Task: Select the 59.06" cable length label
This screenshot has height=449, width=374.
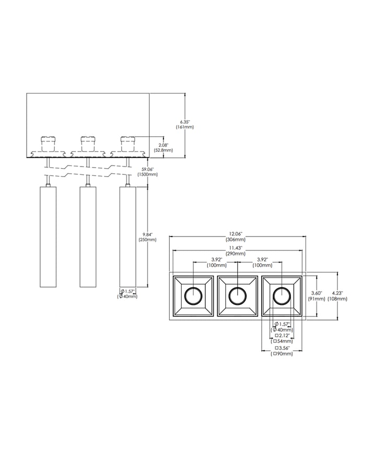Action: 147,169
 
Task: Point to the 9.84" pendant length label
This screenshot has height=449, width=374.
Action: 147,234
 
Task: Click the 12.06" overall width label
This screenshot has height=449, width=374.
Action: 236,234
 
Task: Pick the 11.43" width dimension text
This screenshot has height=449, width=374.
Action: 236,248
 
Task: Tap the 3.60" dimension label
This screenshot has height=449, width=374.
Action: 317,293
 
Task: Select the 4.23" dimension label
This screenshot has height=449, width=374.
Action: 337,293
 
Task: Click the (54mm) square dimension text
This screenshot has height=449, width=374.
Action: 282,341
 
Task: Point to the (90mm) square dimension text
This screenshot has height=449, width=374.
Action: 282,354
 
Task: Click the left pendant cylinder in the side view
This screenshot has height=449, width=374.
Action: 48,237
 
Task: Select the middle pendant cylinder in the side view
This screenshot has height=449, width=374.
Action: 88,237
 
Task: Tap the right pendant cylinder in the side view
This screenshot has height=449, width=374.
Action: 127,237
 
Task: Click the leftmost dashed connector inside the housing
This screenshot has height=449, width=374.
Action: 48,144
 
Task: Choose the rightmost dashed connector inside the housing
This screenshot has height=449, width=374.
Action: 127,144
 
